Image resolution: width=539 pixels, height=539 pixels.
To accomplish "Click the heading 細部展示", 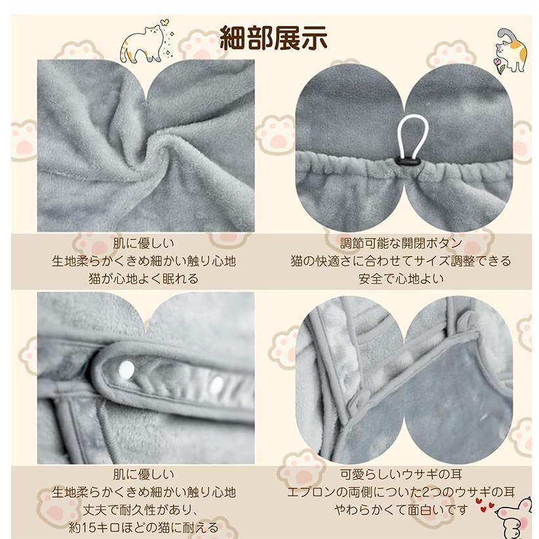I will click(273, 37).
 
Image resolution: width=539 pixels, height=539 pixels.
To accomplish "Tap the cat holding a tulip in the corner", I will click(511, 50).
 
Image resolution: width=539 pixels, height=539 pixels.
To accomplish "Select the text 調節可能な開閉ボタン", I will click(401, 243).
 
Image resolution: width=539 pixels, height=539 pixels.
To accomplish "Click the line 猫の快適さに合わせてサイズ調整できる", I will click(401, 261).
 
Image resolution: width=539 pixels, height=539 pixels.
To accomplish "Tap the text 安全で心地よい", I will click(401, 278).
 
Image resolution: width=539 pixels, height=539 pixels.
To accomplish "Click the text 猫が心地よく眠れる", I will click(144, 278).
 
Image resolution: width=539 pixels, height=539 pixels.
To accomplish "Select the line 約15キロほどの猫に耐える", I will click(144, 527).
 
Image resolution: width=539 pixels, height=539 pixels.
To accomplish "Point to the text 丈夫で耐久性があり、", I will click(144, 509).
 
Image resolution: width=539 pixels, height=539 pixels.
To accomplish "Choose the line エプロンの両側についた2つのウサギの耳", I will click(401, 491).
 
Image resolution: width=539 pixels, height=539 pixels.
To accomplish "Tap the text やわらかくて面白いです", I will click(402, 509).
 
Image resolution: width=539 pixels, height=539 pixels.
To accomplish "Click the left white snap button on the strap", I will click(129, 371).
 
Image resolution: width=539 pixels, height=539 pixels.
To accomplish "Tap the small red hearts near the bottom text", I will click(485, 506).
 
